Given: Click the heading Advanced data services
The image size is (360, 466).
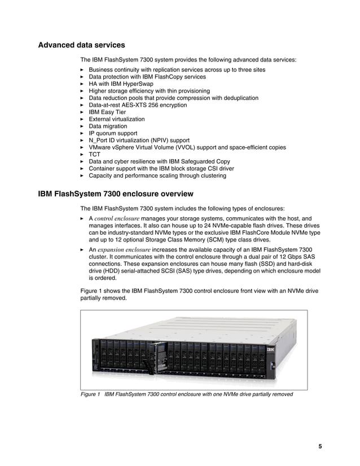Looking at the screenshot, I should point(81,45).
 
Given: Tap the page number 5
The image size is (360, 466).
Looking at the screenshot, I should point(320,447).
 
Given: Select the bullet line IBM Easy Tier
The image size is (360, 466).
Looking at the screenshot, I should point(107,112).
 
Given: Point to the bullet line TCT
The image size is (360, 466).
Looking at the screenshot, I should point(94,155).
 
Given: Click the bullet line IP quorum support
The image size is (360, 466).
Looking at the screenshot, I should point(113,134).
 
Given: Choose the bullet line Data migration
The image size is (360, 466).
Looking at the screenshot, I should point(108,126).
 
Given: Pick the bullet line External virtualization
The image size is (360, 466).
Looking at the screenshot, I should point(116,120).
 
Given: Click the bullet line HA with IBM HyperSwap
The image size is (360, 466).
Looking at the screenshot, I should point(121,84).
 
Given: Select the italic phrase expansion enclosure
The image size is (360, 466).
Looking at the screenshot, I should point(124,249).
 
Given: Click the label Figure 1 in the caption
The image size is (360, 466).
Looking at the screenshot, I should point(91,394).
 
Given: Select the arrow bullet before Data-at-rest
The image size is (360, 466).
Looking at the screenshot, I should point(83,105).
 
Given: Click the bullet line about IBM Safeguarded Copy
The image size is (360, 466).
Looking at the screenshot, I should point(159,162).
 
